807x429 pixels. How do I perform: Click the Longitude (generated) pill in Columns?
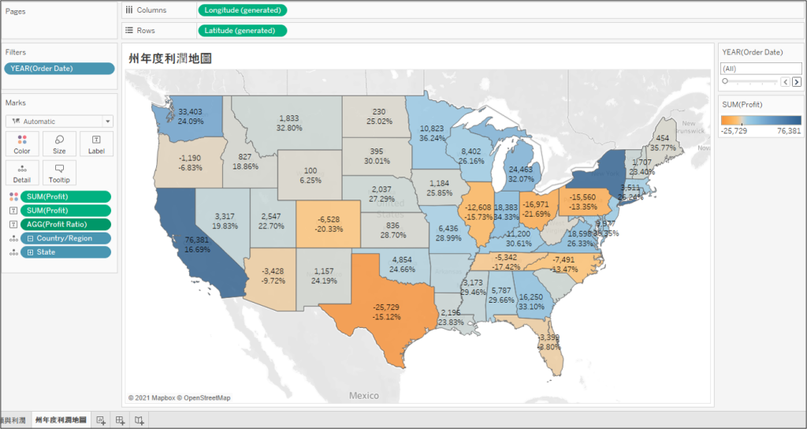(x=242, y=10)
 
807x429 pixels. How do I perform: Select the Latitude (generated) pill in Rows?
(x=242, y=31)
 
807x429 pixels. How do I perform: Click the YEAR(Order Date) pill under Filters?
(x=59, y=69)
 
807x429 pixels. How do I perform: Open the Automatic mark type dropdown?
(x=59, y=121)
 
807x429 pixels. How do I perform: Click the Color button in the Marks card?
(x=22, y=144)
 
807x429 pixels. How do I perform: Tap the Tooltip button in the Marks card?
(x=59, y=172)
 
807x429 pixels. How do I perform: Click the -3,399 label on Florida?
(x=549, y=338)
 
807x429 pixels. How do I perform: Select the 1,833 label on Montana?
(x=289, y=118)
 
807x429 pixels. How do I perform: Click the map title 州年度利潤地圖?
(x=173, y=58)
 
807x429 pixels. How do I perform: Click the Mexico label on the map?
(x=364, y=396)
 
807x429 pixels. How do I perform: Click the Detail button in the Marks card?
(x=22, y=172)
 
